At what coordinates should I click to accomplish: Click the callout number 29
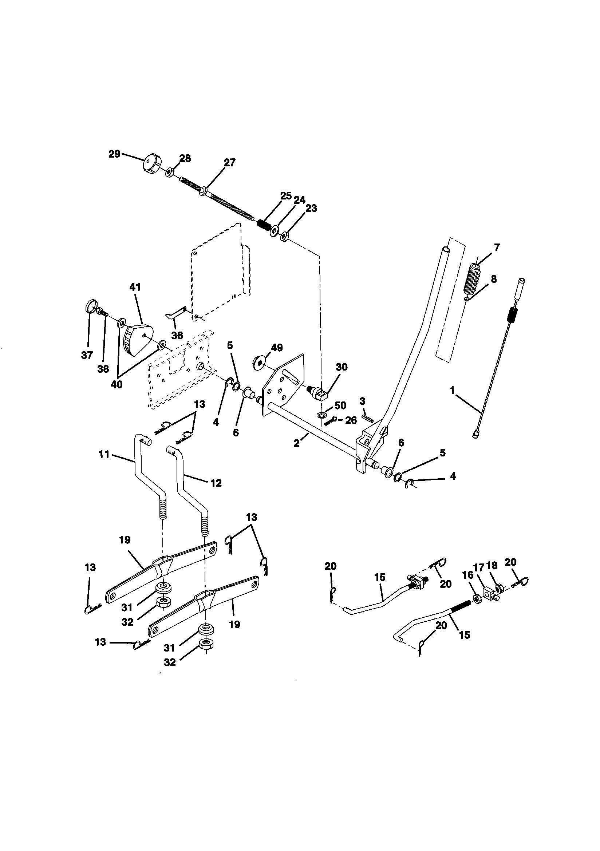point(114,154)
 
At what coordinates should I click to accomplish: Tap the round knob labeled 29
point(152,163)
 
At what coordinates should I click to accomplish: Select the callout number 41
point(135,287)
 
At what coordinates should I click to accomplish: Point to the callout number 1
point(452,390)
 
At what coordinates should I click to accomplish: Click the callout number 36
point(177,336)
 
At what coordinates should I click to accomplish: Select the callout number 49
point(277,348)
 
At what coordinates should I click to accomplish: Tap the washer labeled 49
point(258,360)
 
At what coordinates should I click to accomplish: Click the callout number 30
point(342,367)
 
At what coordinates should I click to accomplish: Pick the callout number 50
point(340,405)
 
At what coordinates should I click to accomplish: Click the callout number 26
point(351,420)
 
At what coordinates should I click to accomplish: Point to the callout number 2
point(296,443)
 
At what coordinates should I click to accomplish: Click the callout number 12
point(216,483)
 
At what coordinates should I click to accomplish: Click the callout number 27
point(229,162)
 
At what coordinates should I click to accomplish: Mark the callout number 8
point(494,279)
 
